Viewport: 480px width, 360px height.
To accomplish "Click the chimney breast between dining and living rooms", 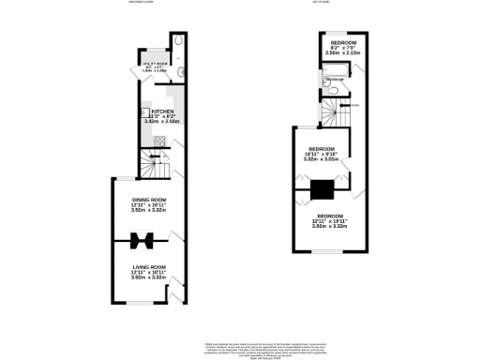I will click(x=142, y=240).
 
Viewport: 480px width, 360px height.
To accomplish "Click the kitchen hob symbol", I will click(x=158, y=142).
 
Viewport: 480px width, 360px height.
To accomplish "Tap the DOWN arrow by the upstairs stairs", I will click(x=354, y=106).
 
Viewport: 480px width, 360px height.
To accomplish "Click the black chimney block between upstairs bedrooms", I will click(x=322, y=189).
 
